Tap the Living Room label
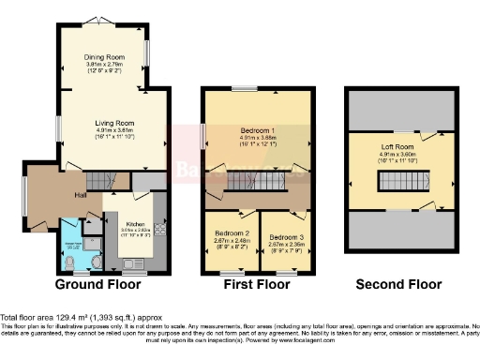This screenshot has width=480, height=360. [113, 123]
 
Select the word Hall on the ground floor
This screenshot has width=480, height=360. [82, 194]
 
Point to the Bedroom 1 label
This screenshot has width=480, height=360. [256, 130]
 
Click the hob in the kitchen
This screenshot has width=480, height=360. [159, 230]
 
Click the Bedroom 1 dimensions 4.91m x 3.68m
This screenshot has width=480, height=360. [256, 138]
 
